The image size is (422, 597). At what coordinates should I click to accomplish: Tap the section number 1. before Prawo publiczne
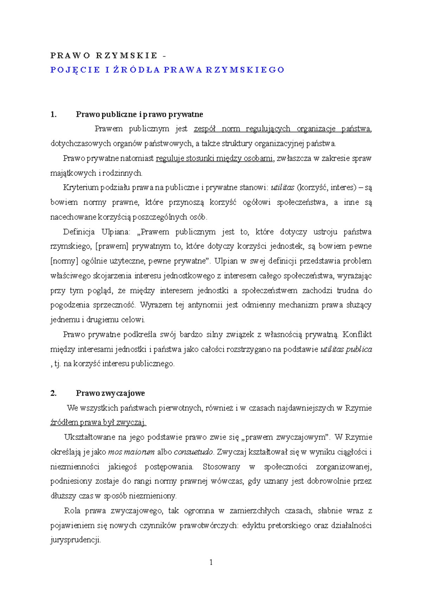[53, 114]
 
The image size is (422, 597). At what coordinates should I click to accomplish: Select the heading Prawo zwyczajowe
[110, 393]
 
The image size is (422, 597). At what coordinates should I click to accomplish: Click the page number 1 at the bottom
[211, 562]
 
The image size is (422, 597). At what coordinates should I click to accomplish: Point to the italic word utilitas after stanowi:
[282, 187]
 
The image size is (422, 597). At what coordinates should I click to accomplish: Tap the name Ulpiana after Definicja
[116, 232]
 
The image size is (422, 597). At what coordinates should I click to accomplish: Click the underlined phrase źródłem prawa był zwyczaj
[98, 423]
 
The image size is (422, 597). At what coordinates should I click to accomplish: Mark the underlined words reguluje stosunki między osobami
[214, 158]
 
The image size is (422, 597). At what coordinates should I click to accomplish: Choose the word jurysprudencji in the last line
[75, 540]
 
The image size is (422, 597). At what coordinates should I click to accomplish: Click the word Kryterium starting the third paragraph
[81, 187]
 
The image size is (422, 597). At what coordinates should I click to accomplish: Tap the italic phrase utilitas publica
[346, 349]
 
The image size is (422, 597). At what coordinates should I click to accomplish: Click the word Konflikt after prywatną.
[357, 334]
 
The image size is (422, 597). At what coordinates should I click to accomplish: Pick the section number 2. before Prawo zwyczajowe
[53, 393]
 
